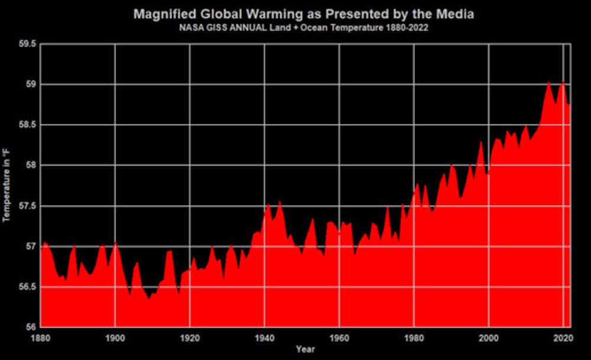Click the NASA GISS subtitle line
tap(303, 27)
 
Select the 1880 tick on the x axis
tap(40, 338)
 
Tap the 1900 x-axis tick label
tap(115, 338)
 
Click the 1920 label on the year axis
tap(190, 338)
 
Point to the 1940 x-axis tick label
tap(264, 338)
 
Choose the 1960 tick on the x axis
tap(339, 338)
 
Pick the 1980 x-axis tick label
tap(414, 338)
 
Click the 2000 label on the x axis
tap(489, 338)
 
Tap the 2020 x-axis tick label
tap(563, 338)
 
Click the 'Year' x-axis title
tap(306, 349)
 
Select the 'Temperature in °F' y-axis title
tap(8, 186)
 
